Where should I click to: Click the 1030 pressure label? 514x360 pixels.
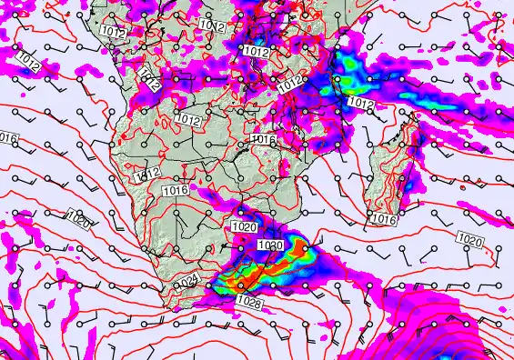click(271, 246)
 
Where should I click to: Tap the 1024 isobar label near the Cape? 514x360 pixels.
click(188, 282)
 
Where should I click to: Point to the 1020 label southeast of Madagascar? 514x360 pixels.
click(469, 240)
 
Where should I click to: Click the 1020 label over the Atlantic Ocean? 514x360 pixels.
click(79, 215)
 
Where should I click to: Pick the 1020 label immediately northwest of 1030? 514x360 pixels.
click(243, 226)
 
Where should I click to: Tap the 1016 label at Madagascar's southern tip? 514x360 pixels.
click(384, 219)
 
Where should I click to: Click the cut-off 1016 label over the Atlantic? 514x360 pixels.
click(8, 137)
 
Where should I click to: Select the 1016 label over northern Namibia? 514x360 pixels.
click(176, 190)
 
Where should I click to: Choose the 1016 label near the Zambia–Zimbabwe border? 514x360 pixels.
click(262, 140)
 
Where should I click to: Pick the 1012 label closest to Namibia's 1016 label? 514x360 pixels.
click(147, 175)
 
